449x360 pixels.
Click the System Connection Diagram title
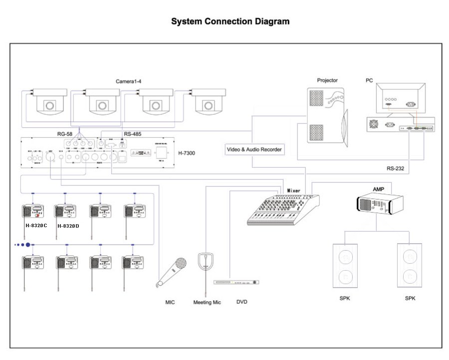coord(230,22)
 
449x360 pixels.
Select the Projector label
coord(327,80)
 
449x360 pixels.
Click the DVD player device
coord(237,283)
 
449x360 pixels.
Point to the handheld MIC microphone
coord(172,272)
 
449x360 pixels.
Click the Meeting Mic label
coord(207,302)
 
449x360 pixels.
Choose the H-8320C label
coord(36,226)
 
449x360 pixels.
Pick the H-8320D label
coord(68,226)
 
